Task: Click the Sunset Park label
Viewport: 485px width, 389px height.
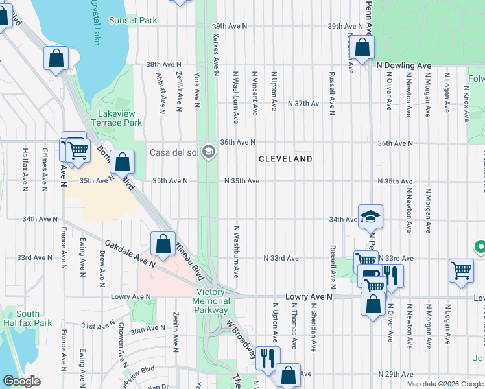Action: pos(133,20)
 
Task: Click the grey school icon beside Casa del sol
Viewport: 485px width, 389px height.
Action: pos(208,152)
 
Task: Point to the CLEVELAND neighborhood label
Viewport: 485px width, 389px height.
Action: pos(285,159)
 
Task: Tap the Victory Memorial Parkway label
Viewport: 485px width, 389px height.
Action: pos(211,301)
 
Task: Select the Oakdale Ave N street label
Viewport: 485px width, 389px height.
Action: pos(130,253)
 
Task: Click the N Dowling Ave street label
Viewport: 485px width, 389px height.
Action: pos(405,65)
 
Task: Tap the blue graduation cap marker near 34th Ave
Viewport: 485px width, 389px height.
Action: pos(370,217)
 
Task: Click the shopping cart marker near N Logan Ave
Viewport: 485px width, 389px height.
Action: pos(461,271)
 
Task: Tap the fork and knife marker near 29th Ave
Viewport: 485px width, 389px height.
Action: pos(268,357)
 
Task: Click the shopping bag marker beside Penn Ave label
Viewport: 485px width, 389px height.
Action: pos(363,47)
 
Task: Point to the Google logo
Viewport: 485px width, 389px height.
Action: pos(21,382)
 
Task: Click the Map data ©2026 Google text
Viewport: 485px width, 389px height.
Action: pos(444,384)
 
